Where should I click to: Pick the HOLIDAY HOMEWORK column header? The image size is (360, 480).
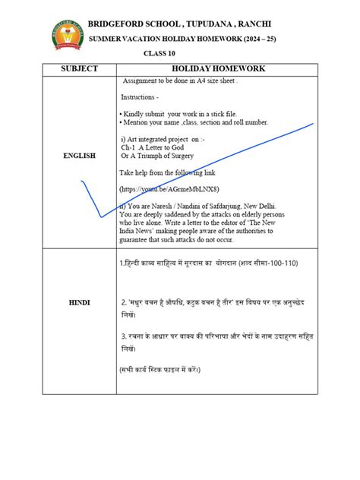click(x=217, y=69)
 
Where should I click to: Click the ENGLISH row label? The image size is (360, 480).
click(x=80, y=156)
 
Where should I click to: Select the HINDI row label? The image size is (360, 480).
click(x=80, y=302)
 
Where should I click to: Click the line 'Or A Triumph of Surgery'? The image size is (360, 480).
click(x=161, y=156)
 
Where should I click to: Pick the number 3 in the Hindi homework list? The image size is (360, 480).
click(x=123, y=336)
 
